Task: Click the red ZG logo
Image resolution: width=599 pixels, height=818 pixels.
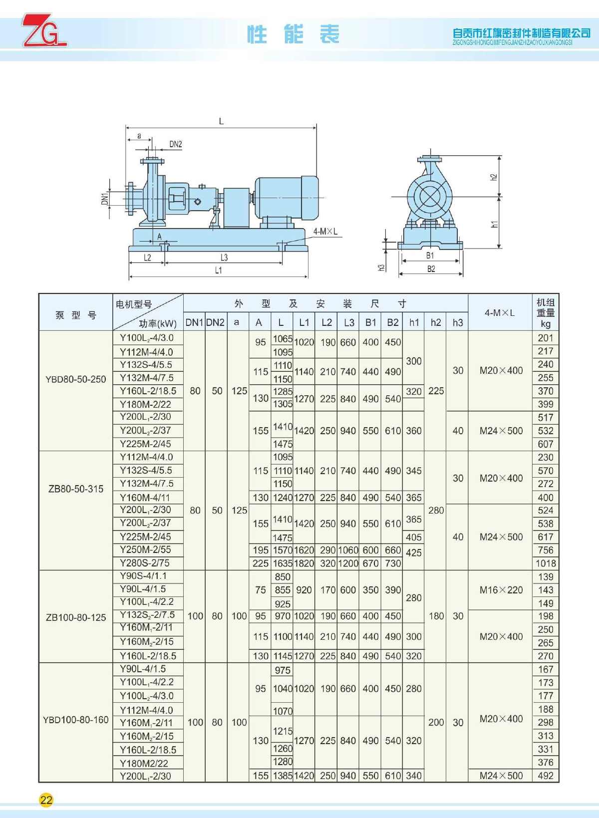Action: pyautogui.click(x=43, y=31)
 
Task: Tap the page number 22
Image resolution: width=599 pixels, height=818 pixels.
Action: pyautogui.click(x=46, y=800)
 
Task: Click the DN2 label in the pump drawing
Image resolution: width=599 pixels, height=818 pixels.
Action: pyautogui.click(x=175, y=144)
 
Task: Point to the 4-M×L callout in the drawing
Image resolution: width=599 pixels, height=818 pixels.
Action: pyautogui.click(x=325, y=232)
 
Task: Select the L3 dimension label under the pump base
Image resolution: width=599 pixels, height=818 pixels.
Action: pyautogui.click(x=224, y=258)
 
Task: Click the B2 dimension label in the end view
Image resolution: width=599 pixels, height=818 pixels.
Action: pyautogui.click(x=431, y=269)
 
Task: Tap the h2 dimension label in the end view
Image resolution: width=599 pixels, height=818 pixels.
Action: pyautogui.click(x=494, y=177)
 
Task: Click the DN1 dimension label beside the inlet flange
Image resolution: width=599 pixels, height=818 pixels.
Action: pyautogui.click(x=105, y=199)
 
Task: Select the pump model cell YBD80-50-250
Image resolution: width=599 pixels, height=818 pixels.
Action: pyautogui.click(x=76, y=379)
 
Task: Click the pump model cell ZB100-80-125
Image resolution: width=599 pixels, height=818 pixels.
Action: pyautogui.click(x=76, y=617)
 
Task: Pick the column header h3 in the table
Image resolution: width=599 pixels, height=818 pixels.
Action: pyautogui.click(x=458, y=322)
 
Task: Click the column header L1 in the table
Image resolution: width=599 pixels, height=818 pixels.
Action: pyautogui.click(x=304, y=322)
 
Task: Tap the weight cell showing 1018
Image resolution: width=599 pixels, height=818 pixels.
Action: pyautogui.click(x=546, y=563)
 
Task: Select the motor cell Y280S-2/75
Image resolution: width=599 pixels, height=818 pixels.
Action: pyautogui.click(x=145, y=563)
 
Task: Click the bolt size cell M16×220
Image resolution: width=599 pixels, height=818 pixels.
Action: pyautogui.click(x=501, y=590)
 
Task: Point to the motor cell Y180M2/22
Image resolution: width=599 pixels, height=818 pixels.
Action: pyautogui.click(x=144, y=763)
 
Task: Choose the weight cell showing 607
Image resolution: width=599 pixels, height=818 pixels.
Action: pyautogui.click(x=546, y=444)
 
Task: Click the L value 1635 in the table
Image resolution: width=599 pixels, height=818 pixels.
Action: pyautogui.click(x=283, y=563)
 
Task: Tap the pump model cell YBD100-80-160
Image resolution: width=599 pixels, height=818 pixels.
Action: pyautogui.click(x=76, y=720)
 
